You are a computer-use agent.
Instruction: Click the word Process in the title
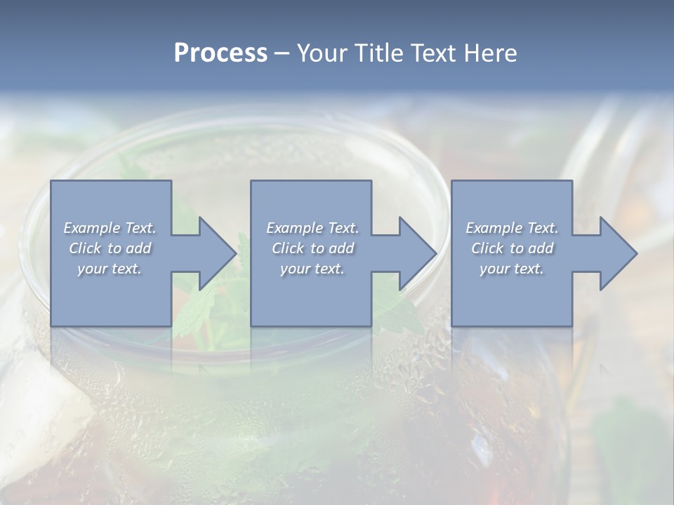point(220,53)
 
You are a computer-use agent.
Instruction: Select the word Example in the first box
point(92,228)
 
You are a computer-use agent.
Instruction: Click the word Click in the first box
point(84,248)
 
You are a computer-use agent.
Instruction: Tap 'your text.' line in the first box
point(110,269)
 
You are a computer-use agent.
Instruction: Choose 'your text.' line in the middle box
point(312,269)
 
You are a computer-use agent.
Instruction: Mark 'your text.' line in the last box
point(512,269)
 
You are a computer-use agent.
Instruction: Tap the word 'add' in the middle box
point(341,248)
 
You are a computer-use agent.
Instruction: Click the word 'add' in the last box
point(540,248)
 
